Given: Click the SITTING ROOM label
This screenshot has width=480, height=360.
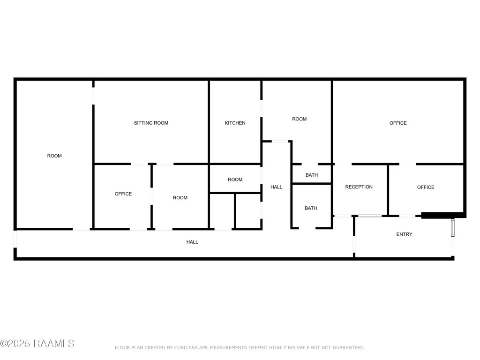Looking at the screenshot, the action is click(151, 123).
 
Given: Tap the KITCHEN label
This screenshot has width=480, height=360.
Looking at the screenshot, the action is click(235, 123).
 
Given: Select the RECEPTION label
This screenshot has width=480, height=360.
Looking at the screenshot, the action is click(359, 187).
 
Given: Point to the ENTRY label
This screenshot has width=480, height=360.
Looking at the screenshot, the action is click(404, 234).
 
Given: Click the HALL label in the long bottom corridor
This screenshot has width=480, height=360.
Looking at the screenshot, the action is click(192, 242).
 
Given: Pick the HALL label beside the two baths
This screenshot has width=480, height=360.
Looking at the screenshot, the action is click(276, 187).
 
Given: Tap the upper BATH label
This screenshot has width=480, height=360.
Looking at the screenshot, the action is click(312, 175).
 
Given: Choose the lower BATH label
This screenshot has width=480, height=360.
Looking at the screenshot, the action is click(311, 208).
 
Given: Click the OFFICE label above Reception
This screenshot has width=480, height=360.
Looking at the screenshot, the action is click(398, 123).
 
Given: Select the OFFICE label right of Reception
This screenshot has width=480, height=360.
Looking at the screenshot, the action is click(426, 187).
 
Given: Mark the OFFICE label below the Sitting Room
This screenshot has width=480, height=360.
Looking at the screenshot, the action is click(123, 194).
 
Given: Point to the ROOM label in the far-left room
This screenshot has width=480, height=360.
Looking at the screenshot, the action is click(54, 156).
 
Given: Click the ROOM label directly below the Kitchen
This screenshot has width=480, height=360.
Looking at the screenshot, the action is click(235, 180).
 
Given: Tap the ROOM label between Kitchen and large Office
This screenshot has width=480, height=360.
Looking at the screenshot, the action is click(300, 119).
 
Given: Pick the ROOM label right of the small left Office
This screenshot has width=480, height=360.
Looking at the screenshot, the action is click(180, 198).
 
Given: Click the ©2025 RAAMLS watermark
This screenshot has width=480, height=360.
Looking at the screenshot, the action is click(37, 344).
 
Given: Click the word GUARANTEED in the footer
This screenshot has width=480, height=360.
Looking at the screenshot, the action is click(349, 348).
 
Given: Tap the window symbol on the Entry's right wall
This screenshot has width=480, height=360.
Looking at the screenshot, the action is click(453, 228).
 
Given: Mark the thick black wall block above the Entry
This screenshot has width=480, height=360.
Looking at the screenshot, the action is click(443, 215).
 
